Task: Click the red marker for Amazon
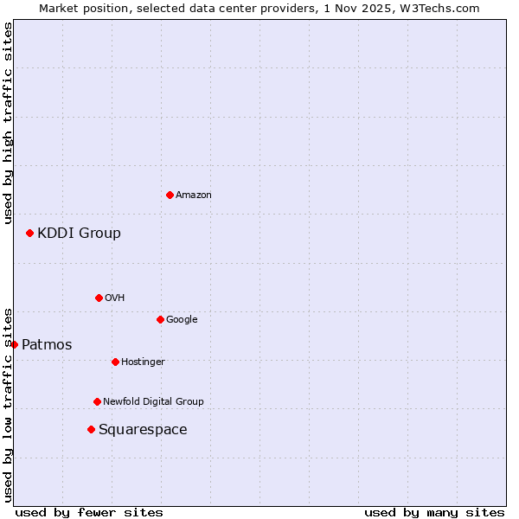[170, 195]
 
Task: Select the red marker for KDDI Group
[29, 233]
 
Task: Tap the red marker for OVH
[99, 298]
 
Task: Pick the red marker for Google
[160, 319]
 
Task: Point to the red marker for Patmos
[14, 344]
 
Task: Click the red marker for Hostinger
[115, 362]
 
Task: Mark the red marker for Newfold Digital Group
[97, 401]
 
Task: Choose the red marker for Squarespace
[91, 429]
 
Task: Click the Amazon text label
[194, 195]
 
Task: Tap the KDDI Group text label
[79, 234]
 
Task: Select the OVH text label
[115, 298]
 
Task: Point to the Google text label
[182, 320]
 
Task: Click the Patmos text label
[47, 345]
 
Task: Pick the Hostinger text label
[143, 362]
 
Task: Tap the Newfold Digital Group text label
[153, 402]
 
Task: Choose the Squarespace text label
[143, 430]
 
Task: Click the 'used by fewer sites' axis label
[89, 512]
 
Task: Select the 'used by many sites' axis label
[434, 512]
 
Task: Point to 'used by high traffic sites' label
[8, 123]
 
